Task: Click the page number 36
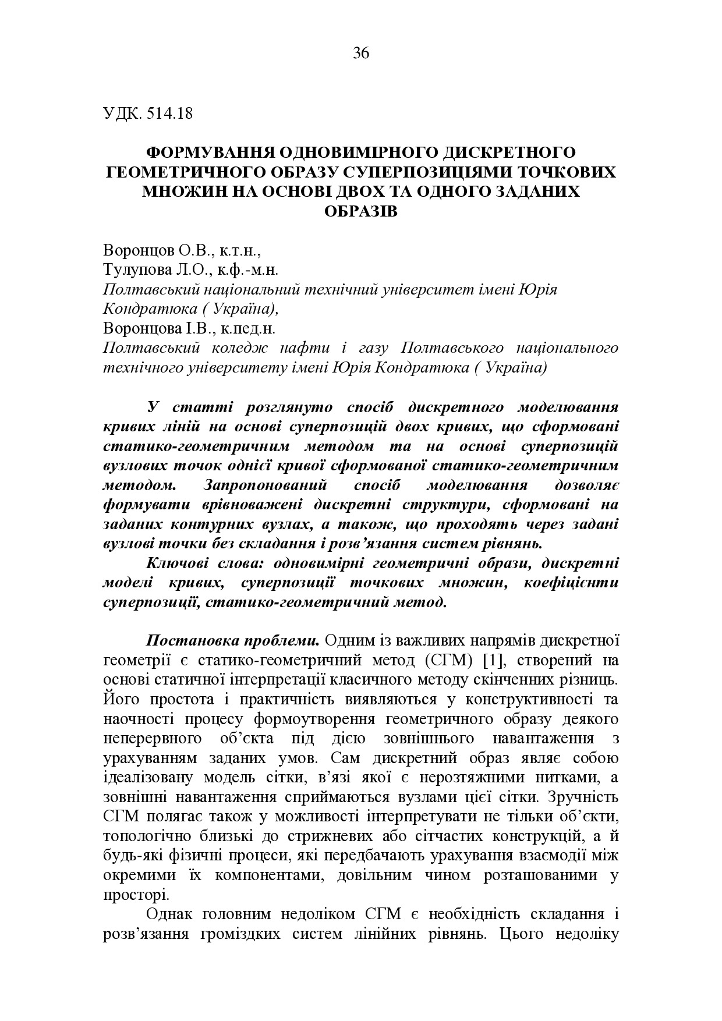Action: click(x=361, y=54)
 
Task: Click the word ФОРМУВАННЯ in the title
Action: click(x=210, y=153)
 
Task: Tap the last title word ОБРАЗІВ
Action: click(x=360, y=211)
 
